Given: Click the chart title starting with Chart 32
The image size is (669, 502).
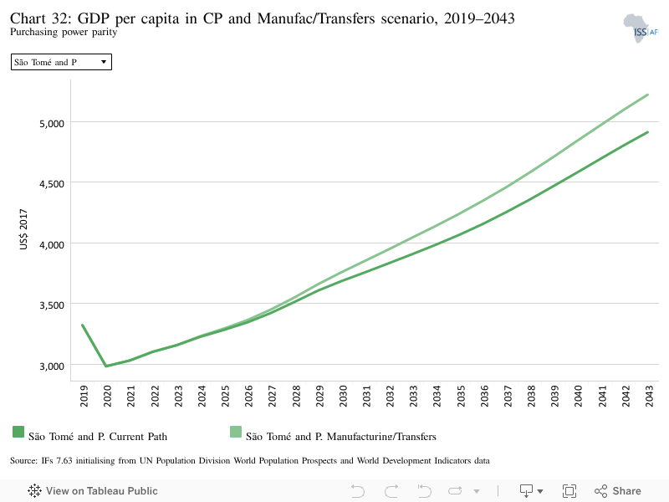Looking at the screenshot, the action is point(262,18).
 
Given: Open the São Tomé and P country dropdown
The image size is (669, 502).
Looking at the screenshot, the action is point(61,62).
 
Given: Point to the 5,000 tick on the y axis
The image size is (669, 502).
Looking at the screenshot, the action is point(52,123).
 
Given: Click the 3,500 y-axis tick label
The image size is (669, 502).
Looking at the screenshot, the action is point(52,305).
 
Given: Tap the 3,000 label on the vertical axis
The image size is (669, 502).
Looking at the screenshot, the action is point(52,366).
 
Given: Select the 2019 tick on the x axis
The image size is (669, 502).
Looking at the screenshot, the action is point(84,396).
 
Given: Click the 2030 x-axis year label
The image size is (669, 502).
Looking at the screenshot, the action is point(343,396).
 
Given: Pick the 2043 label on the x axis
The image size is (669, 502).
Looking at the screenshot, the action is point(649,396).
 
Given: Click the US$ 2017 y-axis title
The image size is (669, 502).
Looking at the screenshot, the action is point(23,229).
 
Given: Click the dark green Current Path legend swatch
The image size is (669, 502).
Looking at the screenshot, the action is point(18,432).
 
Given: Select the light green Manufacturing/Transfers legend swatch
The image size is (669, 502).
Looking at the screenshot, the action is point(236,432).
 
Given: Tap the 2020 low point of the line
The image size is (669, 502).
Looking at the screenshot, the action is point(106,366).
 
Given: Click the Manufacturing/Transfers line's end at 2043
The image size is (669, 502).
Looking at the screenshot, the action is point(647,95).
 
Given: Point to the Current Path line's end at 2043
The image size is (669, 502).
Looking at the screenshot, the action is point(647,132).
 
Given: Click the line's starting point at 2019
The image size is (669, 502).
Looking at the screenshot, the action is point(82,325).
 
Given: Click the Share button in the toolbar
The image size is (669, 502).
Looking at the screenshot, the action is point(618,491).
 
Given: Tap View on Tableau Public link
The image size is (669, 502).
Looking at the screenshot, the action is point(93,491).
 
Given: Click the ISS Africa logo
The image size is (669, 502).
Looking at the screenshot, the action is point(641,28).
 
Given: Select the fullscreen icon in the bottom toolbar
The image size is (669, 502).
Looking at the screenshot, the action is point(569,491).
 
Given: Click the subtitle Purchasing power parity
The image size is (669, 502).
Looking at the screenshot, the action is point(64,33).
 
